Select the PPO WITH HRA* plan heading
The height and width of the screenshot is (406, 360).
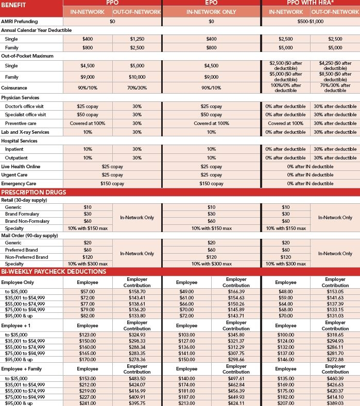point(314,3)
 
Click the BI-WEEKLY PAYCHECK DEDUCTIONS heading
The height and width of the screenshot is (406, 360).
point(54,271)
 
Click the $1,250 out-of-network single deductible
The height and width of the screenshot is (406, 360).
point(136,39)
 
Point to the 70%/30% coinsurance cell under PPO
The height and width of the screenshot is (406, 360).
point(136,88)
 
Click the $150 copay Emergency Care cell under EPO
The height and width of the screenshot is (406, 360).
point(211,184)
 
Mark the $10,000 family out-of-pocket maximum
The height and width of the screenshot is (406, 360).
point(136,77)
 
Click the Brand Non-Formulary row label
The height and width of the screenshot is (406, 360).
point(26,221)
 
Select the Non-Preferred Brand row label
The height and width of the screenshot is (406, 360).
point(26,257)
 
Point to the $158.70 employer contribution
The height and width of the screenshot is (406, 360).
point(137,291)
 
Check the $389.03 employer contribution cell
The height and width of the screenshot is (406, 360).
point(335,403)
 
